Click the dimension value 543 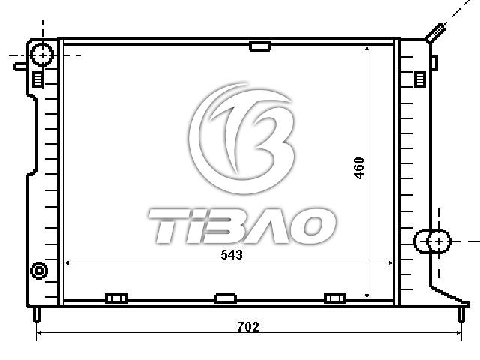[232, 255]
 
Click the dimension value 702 [248, 327]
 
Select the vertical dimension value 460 [359, 168]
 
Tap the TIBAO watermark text [241, 226]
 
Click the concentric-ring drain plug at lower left [39, 271]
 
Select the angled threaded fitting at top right [435, 33]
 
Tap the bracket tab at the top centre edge [260, 46]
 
